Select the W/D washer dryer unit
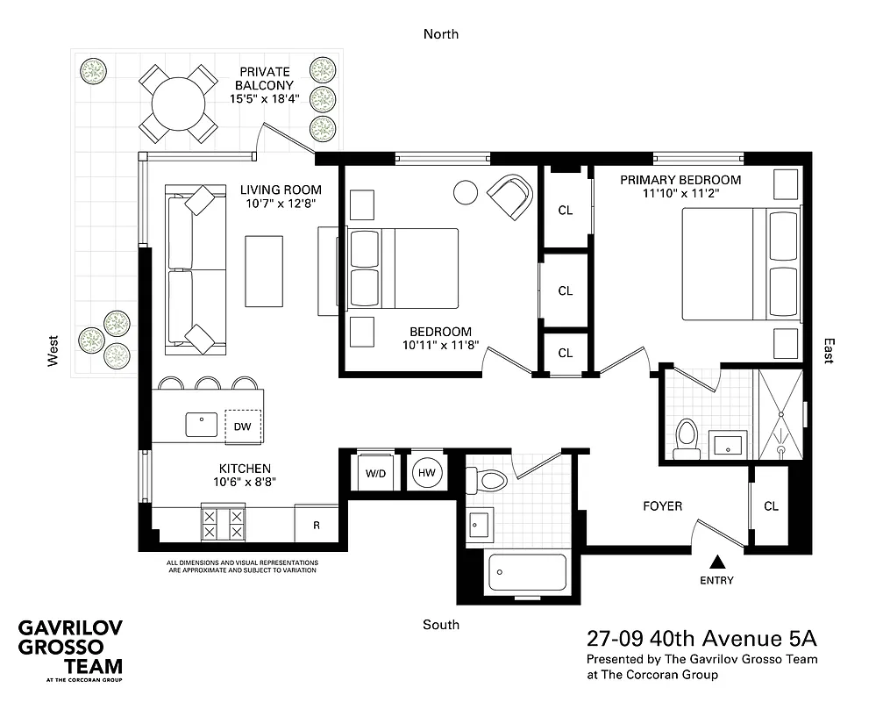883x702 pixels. [375, 473]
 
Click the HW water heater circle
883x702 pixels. [428, 473]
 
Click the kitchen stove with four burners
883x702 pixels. [224, 524]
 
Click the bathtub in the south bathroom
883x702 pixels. [526, 575]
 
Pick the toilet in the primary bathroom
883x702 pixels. [687, 437]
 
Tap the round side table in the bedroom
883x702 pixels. [466, 191]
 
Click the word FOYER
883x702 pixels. [662, 505]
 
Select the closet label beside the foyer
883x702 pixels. [771, 506]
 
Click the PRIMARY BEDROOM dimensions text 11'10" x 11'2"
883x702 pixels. [680, 196]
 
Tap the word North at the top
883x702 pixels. [441, 34]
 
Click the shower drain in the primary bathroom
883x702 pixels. [781, 448]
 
